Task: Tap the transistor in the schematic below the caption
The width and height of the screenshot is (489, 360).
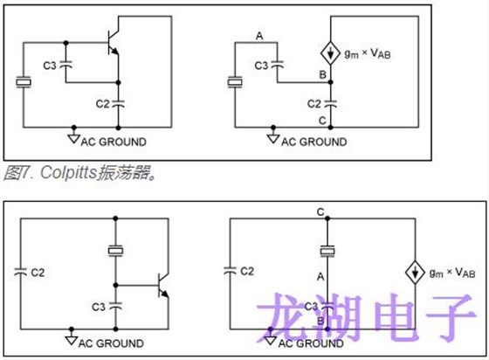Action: [x=160, y=287]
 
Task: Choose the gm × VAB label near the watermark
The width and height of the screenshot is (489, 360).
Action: [x=451, y=273]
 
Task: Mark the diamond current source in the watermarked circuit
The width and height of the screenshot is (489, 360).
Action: [x=412, y=273]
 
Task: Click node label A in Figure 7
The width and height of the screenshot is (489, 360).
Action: [x=258, y=35]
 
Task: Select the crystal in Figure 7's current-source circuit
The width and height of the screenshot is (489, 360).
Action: [x=233, y=83]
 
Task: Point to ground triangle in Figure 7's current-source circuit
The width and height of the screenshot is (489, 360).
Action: [x=273, y=138]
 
